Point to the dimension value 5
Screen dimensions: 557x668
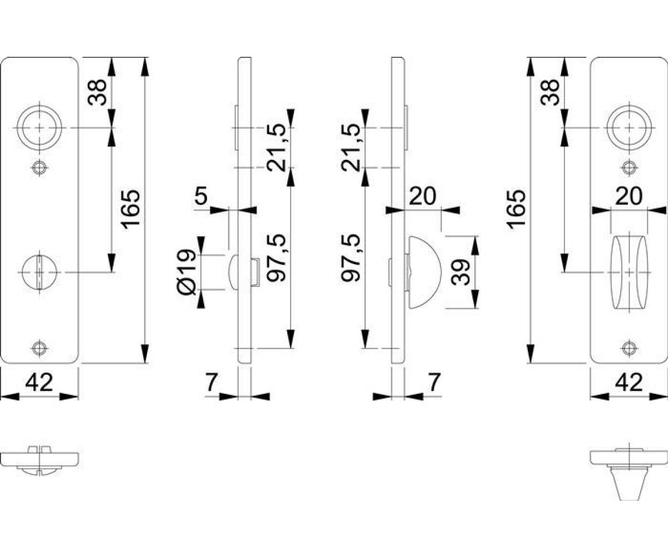[x=201, y=196]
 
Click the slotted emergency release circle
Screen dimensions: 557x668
[x=39, y=272]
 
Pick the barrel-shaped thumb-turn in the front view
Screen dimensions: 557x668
[x=629, y=272]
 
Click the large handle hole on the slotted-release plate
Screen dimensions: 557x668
[x=39, y=128]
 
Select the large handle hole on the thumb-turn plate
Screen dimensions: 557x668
[x=629, y=128]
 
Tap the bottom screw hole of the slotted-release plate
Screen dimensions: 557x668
[x=39, y=348]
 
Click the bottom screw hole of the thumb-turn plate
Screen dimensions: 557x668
[x=629, y=348]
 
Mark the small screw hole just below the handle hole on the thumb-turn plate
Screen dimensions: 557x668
[x=629, y=167]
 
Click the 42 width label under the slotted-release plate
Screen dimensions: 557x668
[x=39, y=383]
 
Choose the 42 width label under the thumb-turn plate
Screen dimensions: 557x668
[x=629, y=383]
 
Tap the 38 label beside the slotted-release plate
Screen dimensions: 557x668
[x=97, y=92]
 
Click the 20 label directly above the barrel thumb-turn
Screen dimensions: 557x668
[x=629, y=196]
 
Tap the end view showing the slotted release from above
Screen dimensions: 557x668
[x=39, y=460]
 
